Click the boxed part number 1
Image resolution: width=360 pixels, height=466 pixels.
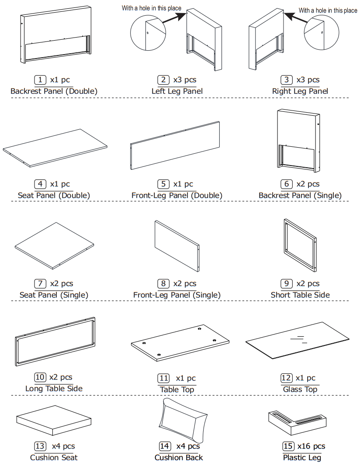(x=40, y=80)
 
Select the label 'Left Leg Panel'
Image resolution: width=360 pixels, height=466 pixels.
(x=177, y=91)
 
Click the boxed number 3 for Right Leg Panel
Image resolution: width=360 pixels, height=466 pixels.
(x=287, y=80)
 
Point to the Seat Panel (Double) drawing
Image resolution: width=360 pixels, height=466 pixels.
(x=55, y=148)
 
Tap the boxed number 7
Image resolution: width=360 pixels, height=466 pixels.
(x=40, y=284)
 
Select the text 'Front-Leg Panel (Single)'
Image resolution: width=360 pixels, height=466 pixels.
(x=177, y=295)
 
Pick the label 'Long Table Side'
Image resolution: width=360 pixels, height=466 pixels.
(x=54, y=388)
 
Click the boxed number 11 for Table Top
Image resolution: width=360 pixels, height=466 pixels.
(x=163, y=378)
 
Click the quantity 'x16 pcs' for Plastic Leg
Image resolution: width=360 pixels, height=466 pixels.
(x=311, y=446)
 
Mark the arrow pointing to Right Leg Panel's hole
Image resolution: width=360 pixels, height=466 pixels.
(x=294, y=18)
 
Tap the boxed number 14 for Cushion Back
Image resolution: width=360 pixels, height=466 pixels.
(x=165, y=446)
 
